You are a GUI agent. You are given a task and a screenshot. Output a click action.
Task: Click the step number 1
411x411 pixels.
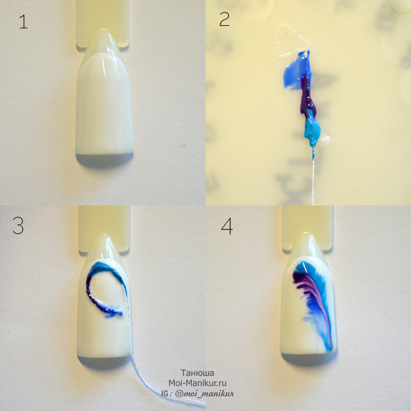[23, 21]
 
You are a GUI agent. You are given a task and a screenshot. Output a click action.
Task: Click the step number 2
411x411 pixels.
[224, 19]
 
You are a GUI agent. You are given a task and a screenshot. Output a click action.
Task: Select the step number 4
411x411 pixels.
[227, 226]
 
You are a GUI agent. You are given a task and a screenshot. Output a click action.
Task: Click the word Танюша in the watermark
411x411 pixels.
[197, 373]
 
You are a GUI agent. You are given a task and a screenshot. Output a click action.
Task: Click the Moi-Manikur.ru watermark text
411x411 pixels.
[197, 383]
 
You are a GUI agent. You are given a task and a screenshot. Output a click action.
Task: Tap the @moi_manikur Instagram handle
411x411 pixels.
[204, 393]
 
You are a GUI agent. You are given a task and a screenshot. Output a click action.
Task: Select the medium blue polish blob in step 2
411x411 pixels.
[296, 71]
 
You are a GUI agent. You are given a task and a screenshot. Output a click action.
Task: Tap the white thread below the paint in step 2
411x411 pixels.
[313, 178]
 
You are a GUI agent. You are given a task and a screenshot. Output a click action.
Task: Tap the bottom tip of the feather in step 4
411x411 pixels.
[330, 351]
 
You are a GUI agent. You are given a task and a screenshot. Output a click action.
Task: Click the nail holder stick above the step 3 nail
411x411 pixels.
[104, 228]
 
